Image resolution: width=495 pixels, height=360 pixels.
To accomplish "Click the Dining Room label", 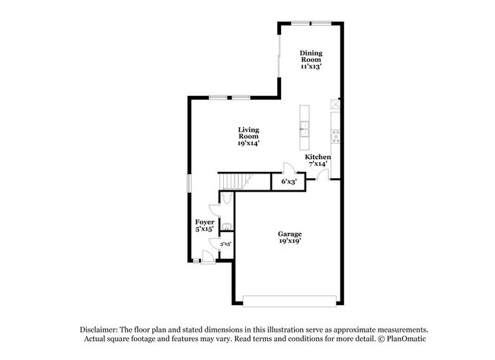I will coord(311,59).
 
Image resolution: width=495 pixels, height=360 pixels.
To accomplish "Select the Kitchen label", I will coord(318,160).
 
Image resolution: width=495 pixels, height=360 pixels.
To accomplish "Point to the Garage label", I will coord(289,236).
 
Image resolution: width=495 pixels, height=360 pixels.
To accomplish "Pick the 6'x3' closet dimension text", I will coord(289,183).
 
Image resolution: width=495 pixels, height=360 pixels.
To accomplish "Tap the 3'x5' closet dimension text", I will coord(225,244).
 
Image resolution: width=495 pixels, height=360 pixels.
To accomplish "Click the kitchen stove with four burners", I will coord(335,137).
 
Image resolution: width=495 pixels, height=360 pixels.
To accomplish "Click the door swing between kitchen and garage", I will coord(323,176).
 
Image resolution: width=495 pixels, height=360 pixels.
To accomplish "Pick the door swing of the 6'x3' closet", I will coord(288,168).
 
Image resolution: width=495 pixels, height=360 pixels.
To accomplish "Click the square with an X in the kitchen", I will coord(333,104).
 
